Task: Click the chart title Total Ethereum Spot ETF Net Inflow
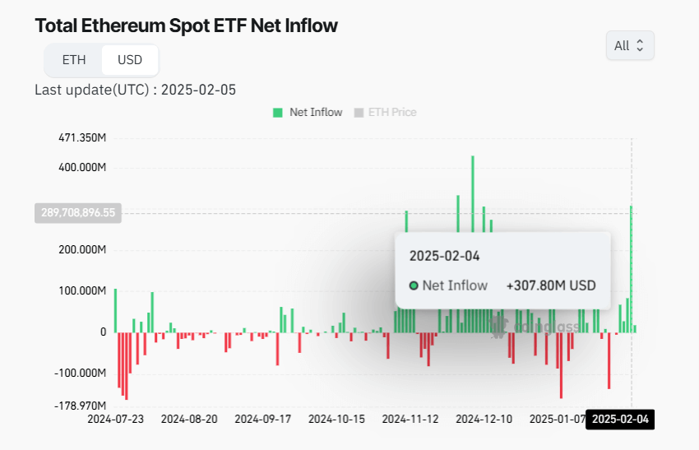186,26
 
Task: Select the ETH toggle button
74,60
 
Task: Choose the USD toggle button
130,60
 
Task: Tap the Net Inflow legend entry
308,112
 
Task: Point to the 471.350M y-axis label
82,137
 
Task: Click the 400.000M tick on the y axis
82,168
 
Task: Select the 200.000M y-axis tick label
82,250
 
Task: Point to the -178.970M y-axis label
82,406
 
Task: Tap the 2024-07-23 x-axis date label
116,419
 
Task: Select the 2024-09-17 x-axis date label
263,419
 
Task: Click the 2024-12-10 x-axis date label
484,419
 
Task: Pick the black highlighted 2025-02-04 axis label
621,419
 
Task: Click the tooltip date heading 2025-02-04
444,256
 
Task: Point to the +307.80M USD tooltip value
551,285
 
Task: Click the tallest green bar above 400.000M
473,230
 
